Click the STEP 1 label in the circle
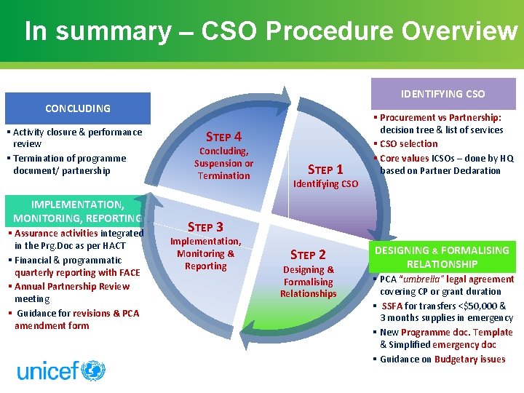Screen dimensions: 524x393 tap(325, 170)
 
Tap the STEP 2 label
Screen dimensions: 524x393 tap(308, 255)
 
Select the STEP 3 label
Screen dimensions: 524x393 tap(205, 227)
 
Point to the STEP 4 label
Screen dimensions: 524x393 tap(223, 136)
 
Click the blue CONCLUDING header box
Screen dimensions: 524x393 tap(78, 108)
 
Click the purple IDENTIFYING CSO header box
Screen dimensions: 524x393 tap(442, 94)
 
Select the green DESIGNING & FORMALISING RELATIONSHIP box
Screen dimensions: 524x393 tap(442, 257)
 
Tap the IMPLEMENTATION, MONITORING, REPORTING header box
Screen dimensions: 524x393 tap(76, 211)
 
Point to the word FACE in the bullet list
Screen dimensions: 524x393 tap(129, 273)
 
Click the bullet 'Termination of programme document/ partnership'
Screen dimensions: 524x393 tap(69, 164)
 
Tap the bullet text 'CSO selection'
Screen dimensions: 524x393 tap(409, 143)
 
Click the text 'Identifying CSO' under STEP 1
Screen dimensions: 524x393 tap(325, 184)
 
